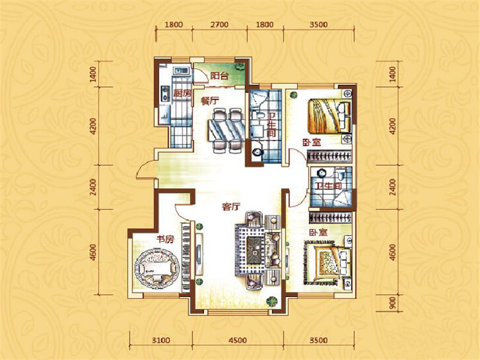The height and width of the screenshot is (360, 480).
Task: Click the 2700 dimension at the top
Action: coord(219,24)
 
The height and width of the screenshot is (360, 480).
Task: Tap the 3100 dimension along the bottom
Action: coord(161,340)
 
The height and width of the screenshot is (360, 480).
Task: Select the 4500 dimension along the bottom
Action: coord(237,340)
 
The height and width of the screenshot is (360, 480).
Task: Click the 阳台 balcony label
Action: coord(219,76)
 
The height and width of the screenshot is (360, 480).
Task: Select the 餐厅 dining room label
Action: coord(210,101)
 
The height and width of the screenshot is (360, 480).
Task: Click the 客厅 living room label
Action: coord(230,207)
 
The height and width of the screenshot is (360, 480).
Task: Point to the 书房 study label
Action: coord(166,239)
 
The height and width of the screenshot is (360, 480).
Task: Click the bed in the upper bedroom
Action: coord(329,116)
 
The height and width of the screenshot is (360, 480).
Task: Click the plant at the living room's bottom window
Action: coord(271,302)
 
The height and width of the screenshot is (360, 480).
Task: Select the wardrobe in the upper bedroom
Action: coord(329,155)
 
